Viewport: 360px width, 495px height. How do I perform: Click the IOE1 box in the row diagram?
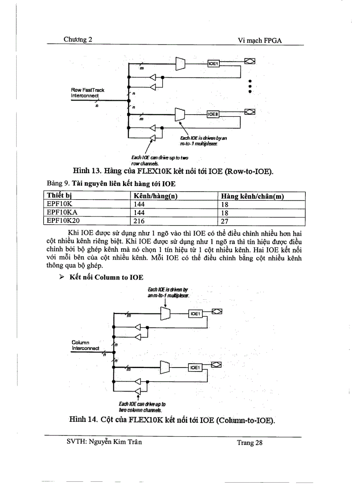click(x=213, y=64)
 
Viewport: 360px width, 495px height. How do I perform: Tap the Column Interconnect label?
click(x=84, y=345)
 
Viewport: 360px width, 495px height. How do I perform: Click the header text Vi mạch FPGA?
click(x=260, y=40)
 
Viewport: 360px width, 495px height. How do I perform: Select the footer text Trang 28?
click(x=250, y=443)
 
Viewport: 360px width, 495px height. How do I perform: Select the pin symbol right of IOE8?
click(x=250, y=112)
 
